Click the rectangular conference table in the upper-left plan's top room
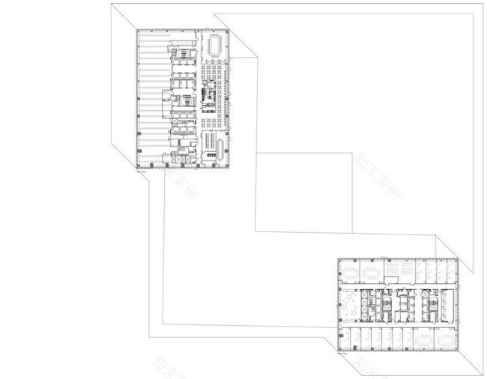[213, 45]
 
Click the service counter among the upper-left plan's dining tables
[207, 97]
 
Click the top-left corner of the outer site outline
[112, 4]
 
